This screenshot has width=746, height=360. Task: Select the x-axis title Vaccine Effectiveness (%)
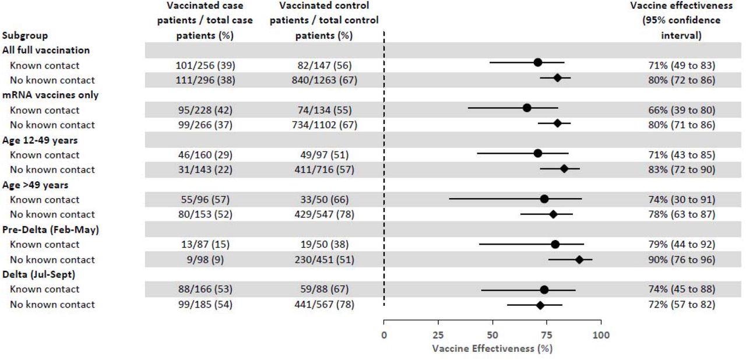[492, 348]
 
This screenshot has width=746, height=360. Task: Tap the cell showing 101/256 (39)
[205, 65]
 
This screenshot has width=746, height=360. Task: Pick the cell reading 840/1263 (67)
[324, 80]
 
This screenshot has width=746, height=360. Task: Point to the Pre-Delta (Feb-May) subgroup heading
[51, 230]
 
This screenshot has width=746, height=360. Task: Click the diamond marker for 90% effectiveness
[579, 259]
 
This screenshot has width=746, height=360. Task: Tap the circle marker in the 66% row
[527, 108]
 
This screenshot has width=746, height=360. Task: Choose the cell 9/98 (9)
[205, 259]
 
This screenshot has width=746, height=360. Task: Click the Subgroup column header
[25, 36]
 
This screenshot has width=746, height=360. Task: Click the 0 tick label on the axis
[383, 335]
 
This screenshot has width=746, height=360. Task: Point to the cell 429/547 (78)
[324, 214]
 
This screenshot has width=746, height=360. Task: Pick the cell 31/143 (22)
[205, 170]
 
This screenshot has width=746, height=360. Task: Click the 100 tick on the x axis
[601, 335]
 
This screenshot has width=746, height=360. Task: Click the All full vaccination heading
[46, 50]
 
